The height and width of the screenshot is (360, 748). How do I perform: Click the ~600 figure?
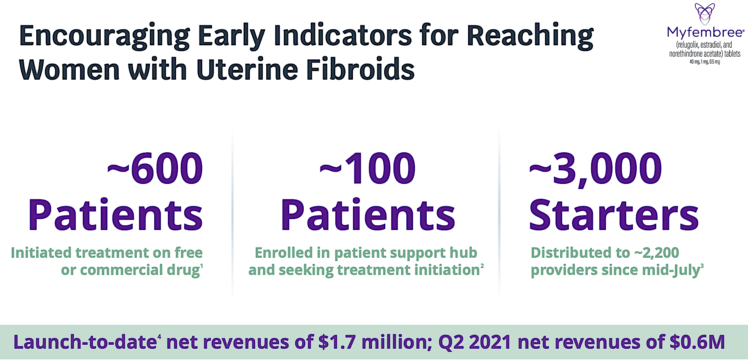pyautogui.click(x=155, y=168)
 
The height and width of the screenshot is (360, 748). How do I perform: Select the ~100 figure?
pyautogui.click(x=367, y=168)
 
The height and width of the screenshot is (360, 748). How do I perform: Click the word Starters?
pyautogui.click(x=614, y=215)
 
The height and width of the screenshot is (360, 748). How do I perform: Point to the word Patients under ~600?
pyautogui.click(x=116, y=215)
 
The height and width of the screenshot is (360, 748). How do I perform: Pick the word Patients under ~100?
pyautogui.click(x=368, y=215)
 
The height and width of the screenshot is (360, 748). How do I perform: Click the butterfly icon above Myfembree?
pyautogui.click(x=705, y=14)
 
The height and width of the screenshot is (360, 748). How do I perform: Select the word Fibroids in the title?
pyautogui.click(x=360, y=70)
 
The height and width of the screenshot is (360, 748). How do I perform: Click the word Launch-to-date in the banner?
pyautogui.click(x=85, y=342)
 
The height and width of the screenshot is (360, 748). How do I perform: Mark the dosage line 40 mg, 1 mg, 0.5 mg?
pyautogui.click(x=705, y=62)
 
